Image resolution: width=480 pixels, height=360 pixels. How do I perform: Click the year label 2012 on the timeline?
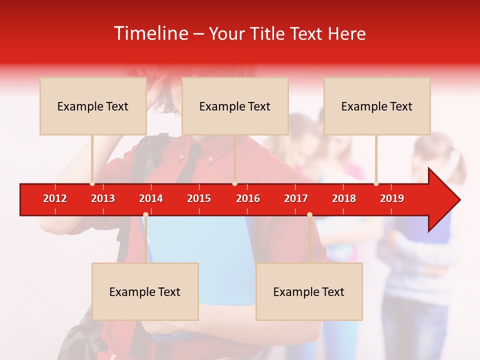point(55,198)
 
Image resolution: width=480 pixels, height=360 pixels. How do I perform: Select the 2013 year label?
point(103,198)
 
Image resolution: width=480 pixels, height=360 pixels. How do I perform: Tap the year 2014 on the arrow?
point(151,198)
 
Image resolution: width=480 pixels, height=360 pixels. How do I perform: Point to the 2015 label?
point(199,198)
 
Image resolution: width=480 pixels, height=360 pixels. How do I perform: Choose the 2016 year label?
point(248,198)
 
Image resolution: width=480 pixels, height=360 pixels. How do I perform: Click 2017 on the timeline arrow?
point(296,198)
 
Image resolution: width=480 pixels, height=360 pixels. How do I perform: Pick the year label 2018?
point(344,198)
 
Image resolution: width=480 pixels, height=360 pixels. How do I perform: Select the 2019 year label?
point(392,198)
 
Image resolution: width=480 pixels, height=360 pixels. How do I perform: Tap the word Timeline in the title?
point(150,33)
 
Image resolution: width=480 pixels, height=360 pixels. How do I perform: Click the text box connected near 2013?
point(93,106)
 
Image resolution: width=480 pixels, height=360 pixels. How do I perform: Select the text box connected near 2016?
point(235,106)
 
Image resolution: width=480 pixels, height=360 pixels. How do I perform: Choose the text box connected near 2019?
point(377,106)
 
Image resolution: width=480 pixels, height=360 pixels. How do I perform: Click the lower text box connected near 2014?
point(145,291)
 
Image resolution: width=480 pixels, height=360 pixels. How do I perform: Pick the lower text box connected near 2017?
point(309,291)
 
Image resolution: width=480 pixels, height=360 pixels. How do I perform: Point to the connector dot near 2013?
point(92,183)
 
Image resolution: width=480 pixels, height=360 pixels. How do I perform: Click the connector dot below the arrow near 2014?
point(145,214)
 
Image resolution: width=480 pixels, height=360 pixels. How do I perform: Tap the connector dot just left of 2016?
point(234,183)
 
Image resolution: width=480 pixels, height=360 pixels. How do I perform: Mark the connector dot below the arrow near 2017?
point(309,214)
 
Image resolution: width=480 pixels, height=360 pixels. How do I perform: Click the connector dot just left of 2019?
point(376,183)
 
